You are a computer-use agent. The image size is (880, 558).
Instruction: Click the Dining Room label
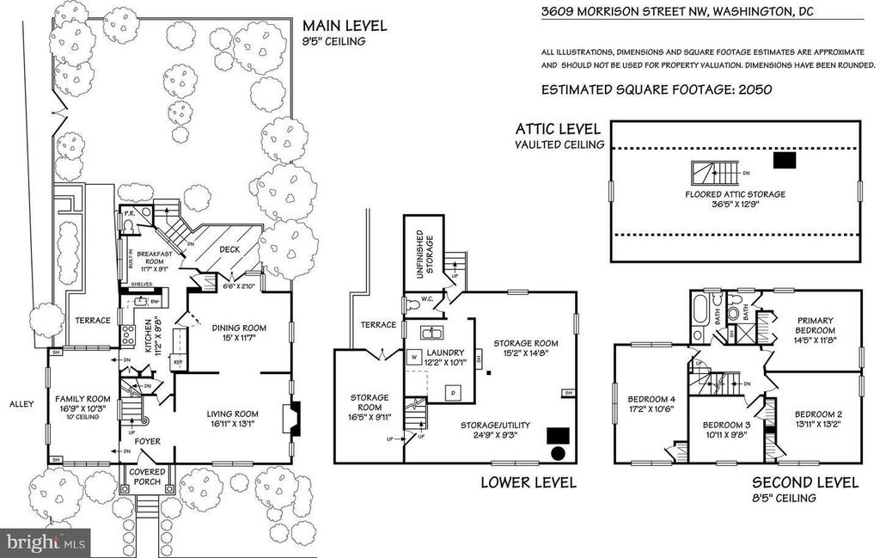(239, 328)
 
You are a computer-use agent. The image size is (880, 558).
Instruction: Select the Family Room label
(83, 399)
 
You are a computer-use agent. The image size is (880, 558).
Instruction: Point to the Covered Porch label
(147, 476)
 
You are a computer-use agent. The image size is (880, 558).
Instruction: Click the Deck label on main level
(229, 249)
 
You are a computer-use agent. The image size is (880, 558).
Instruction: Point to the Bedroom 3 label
(726, 424)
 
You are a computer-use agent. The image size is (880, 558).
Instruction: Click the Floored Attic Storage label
(735, 195)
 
